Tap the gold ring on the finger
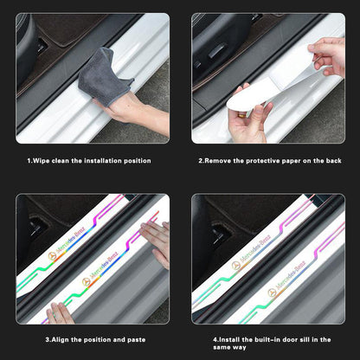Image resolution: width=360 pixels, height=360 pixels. click(241, 115)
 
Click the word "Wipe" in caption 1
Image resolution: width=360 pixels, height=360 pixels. click(41, 161)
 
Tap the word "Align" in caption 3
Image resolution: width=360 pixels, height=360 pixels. click(61, 339)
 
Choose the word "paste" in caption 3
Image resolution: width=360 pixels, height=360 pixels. click(136, 340)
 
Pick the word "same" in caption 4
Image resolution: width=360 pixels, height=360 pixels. click(221, 347)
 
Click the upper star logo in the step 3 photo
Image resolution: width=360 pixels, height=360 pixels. click(52, 256)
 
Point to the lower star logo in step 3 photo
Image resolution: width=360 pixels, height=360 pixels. click(86, 282)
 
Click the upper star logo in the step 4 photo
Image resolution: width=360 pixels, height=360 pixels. click(236, 266)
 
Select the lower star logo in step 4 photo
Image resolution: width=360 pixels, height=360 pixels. click(272, 292)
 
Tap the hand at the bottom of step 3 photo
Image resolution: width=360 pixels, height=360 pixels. click(60, 313)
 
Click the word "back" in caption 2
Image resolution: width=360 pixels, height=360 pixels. click(333, 161)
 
